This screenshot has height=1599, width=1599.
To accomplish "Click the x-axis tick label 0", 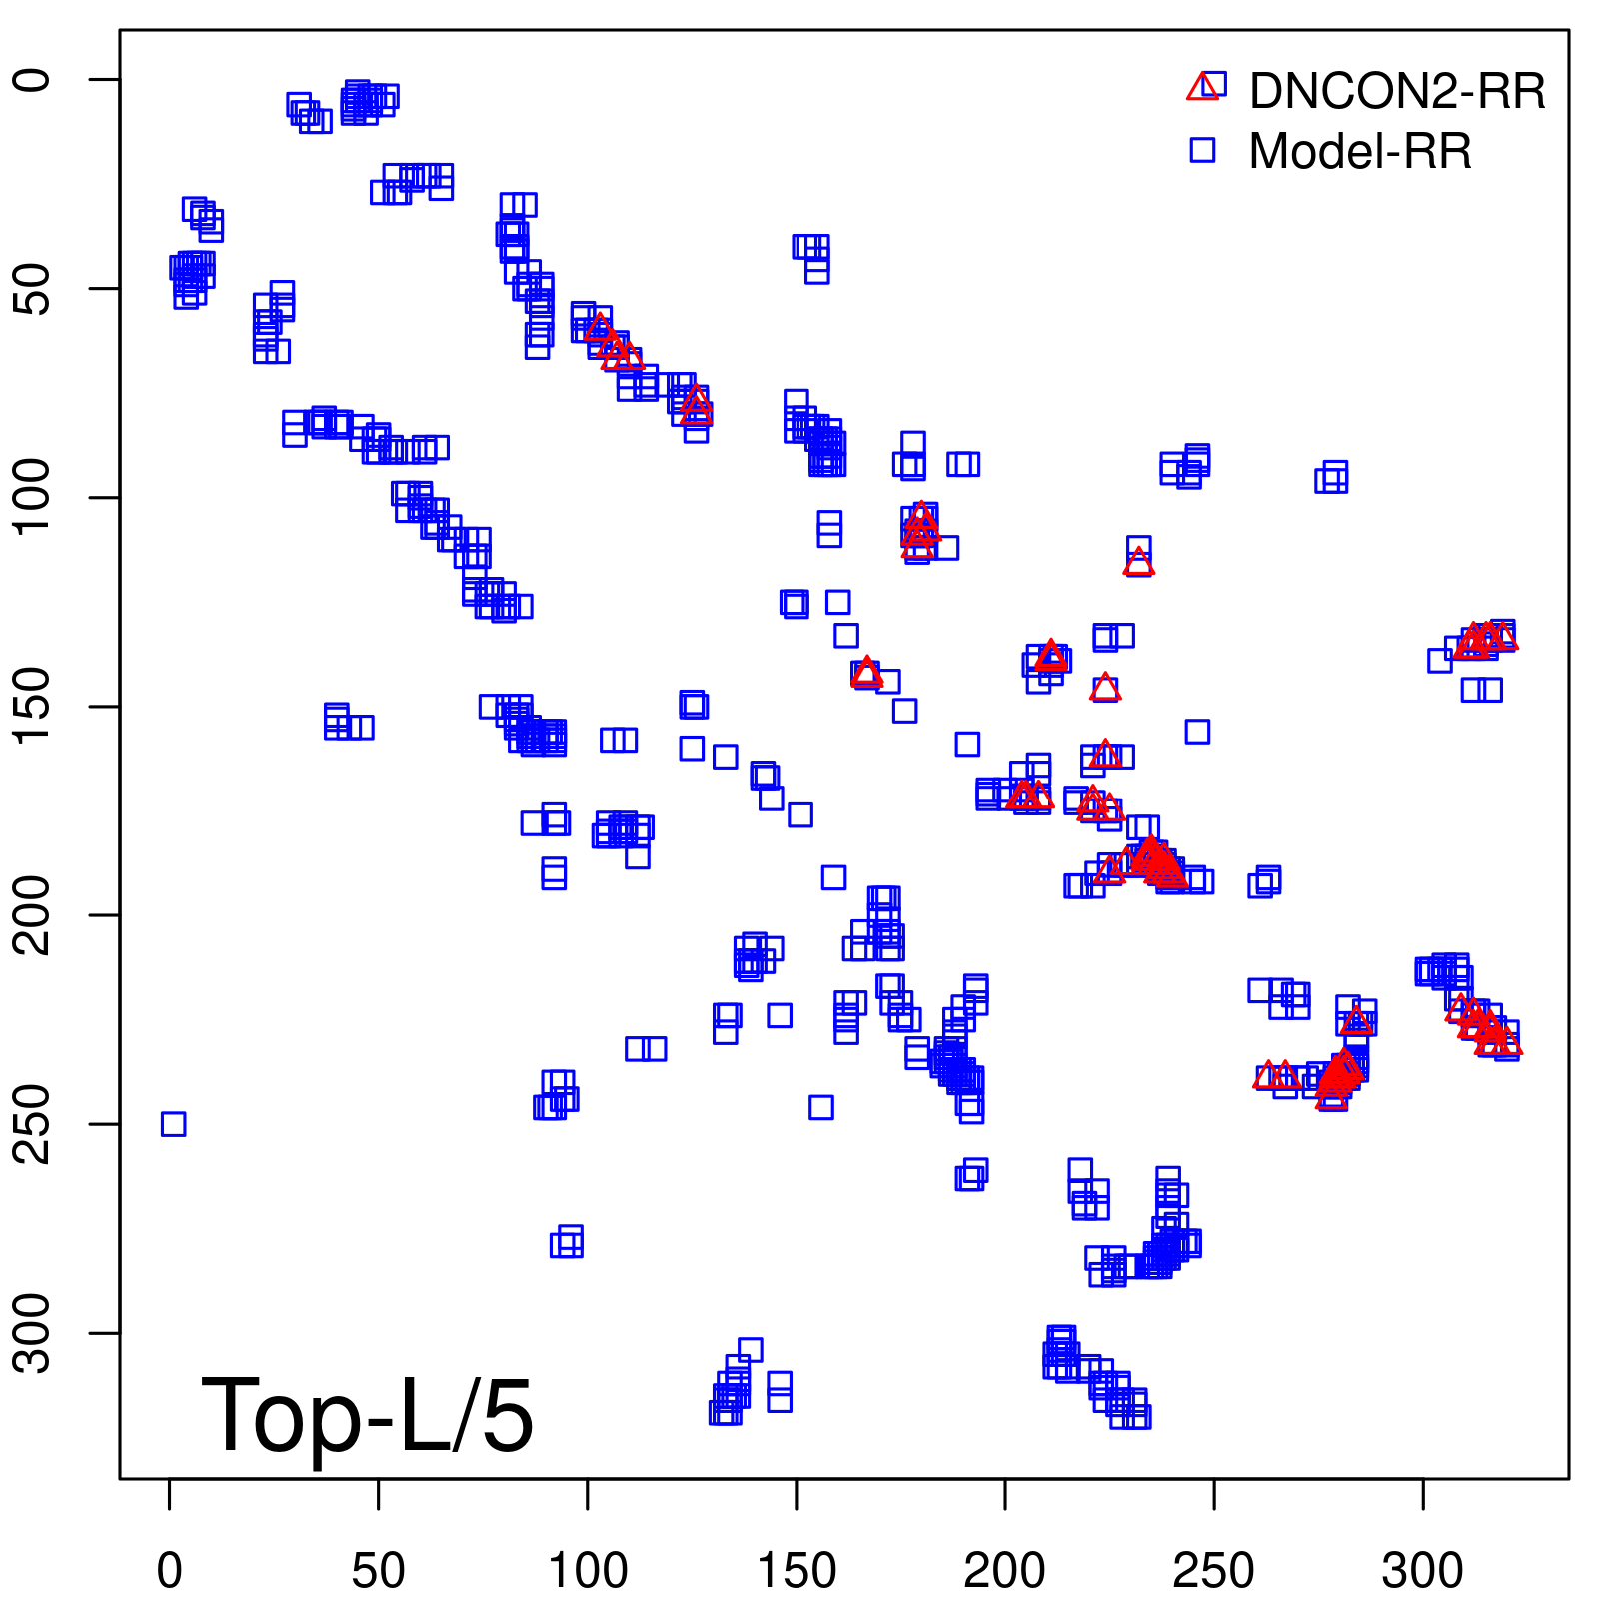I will click(170, 1571).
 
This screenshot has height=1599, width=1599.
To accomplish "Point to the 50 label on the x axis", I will click(379, 1571).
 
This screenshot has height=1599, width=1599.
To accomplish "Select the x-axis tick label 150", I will click(797, 1571).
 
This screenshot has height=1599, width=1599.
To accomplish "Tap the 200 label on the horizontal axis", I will click(1005, 1571).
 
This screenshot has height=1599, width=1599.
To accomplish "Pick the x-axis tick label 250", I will click(1214, 1571).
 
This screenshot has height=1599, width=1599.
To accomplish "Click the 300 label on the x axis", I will click(1423, 1571).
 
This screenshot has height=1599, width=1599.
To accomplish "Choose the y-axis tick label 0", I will click(32, 80).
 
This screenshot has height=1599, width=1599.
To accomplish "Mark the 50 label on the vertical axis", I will click(32, 289).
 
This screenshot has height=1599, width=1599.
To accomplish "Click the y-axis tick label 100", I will click(32, 498).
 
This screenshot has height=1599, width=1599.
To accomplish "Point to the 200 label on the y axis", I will click(32, 915).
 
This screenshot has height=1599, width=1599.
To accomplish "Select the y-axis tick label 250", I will click(32, 1124).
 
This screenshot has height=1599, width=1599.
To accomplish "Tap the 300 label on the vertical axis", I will click(32, 1333).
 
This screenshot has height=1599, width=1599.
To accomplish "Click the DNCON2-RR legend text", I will click(1397, 92).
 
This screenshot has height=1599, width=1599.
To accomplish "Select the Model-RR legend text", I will click(1360, 152).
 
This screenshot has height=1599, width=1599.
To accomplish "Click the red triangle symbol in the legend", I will click(1202, 88).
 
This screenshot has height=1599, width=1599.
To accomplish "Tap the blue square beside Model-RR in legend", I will click(1202, 150).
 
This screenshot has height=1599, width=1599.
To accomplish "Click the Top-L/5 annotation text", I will click(367, 1415).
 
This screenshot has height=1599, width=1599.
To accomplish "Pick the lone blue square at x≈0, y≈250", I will click(173, 1124).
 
